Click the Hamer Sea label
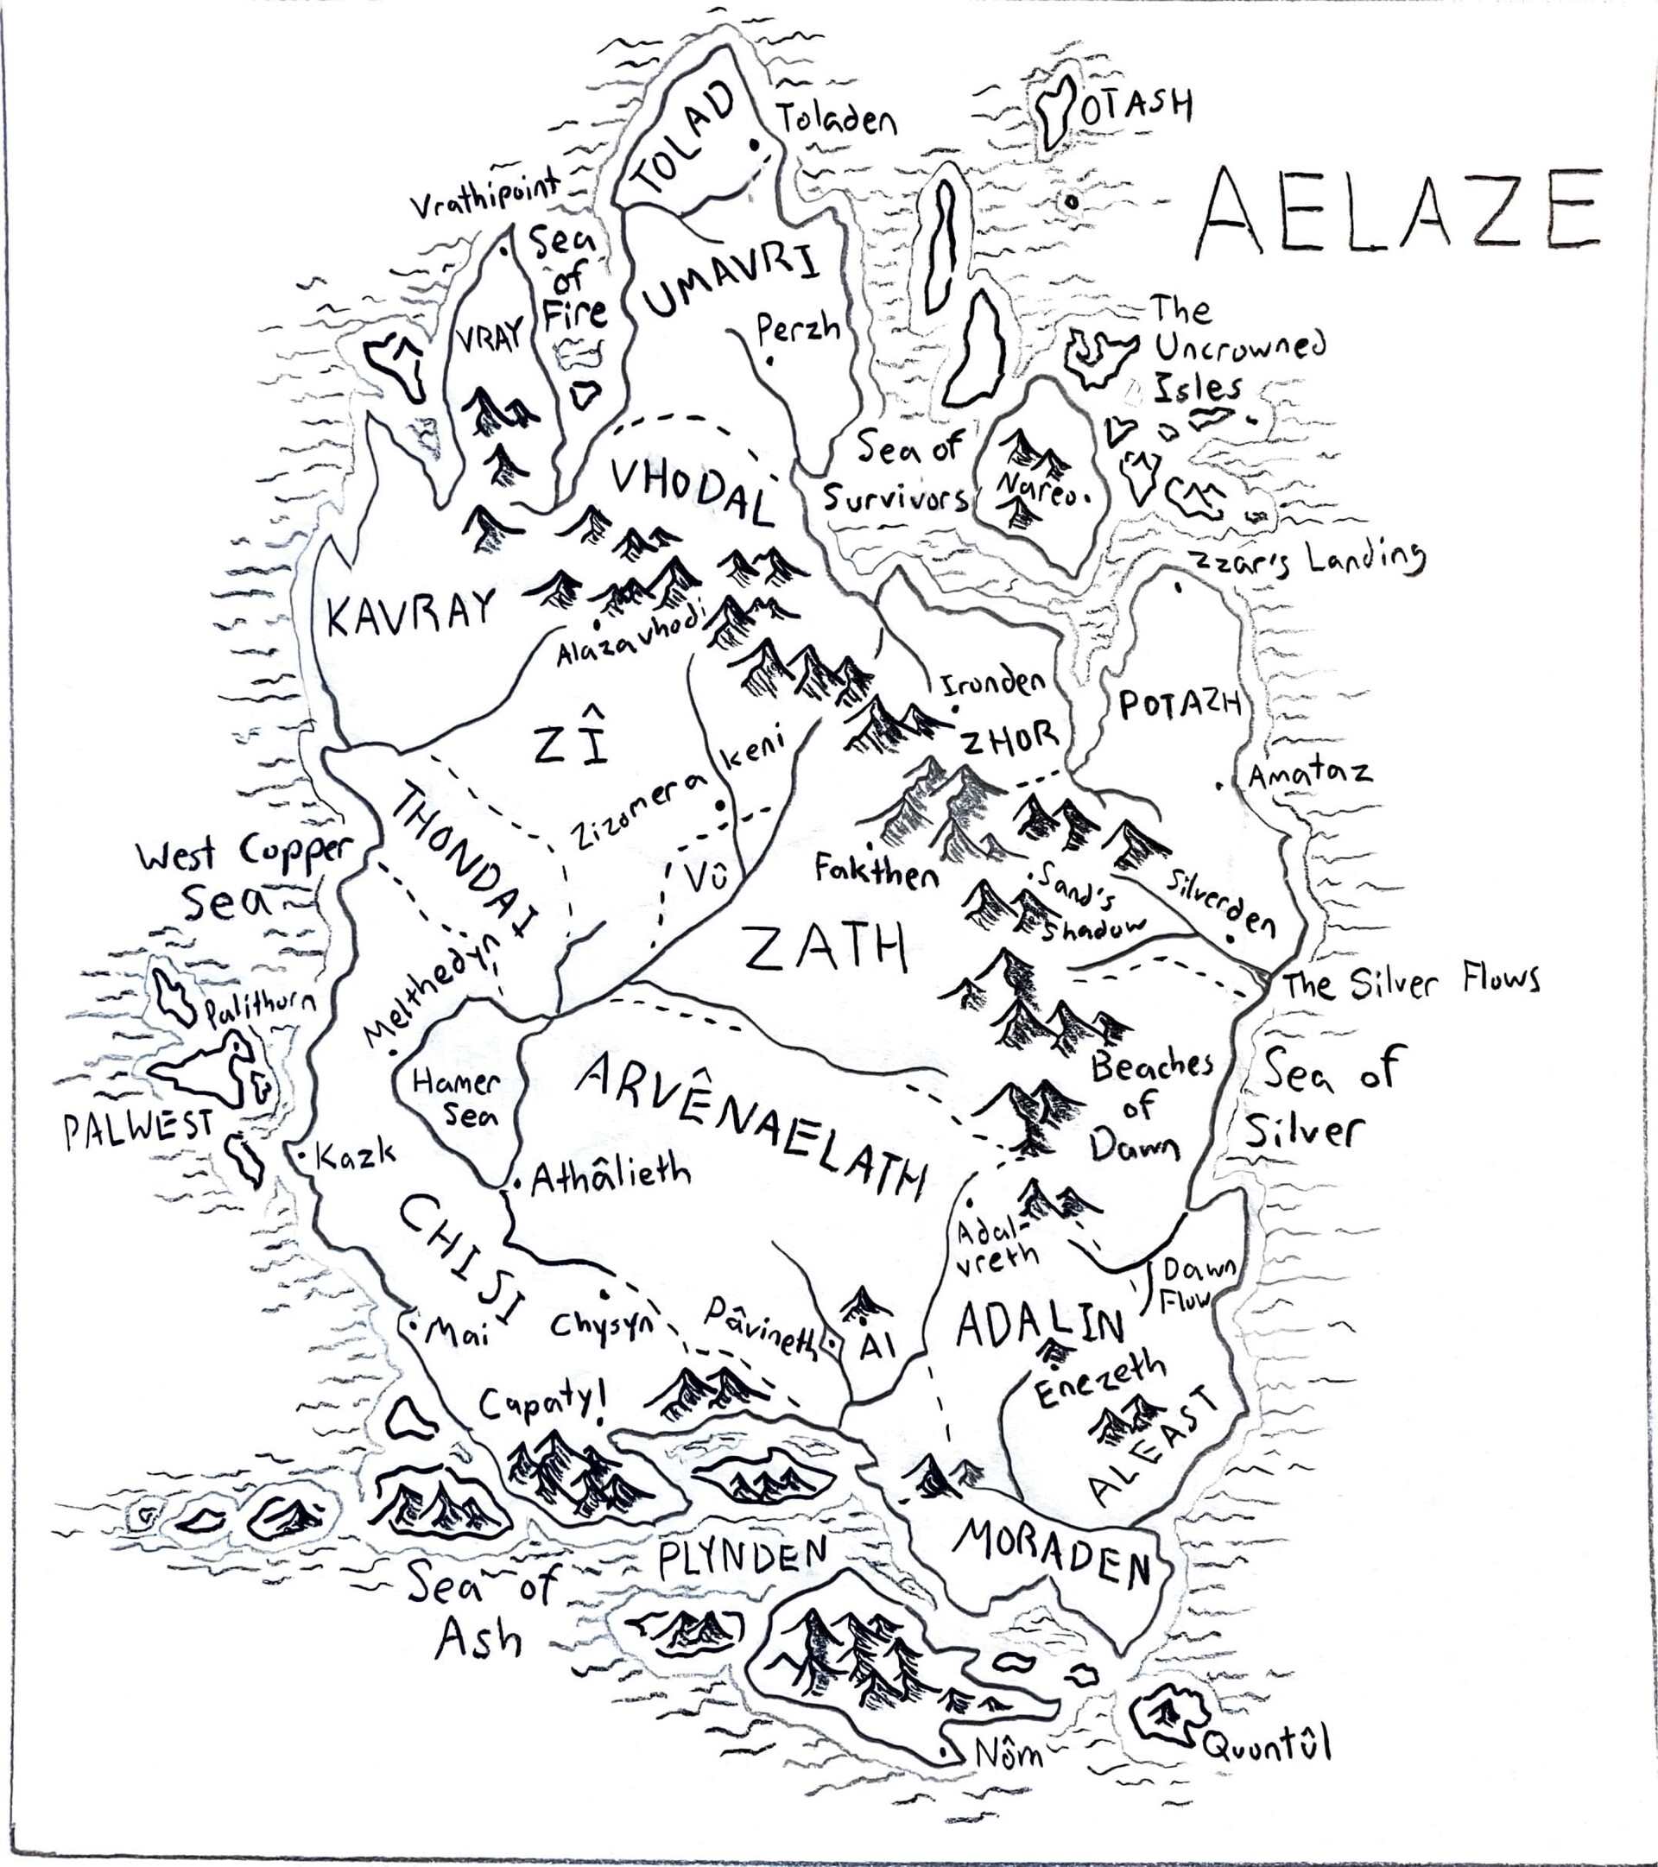(x=456, y=1098)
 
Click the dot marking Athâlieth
(x=518, y=1185)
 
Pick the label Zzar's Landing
(x=1308, y=558)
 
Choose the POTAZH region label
(x=1180, y=706)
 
